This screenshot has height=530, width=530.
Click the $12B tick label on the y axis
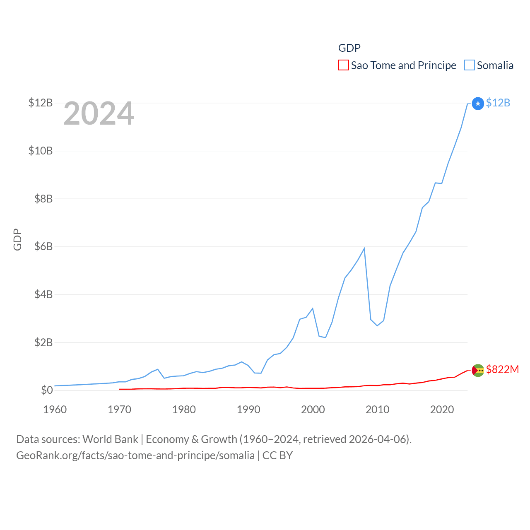click(x=41, y=103)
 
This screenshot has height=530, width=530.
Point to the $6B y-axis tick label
click(x=43, y=247)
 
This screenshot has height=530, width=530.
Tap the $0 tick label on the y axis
click(x=47, y=390)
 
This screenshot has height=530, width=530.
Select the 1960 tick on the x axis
click(x=55, y=410)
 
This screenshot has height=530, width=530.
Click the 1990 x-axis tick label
click(x=248, y=410)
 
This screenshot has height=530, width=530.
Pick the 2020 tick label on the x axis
click(x=442, y=410)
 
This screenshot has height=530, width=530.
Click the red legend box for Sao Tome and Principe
click(x=344, y=65)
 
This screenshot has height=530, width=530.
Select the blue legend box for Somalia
click(x=470, y=65)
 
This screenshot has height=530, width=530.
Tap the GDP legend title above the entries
click(x=349, y=48)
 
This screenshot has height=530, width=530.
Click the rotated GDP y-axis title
click(x=17, y=239)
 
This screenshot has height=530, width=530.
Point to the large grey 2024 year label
click(x=99, y=113)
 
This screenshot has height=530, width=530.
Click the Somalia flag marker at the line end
click(x=478, y=104)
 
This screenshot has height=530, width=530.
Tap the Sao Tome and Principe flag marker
click(x=478, y=370)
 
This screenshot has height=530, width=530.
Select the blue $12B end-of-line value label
click(x=498, y=103)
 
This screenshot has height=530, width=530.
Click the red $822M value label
click(x=502, y=369)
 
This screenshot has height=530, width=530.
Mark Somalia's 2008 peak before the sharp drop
click(x=364, y=248)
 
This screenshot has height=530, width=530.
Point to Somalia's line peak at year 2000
click(x=313, y=308)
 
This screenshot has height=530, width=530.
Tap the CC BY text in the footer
click(x=277, y=455)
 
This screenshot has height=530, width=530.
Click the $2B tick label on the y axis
click(x=43, y=342)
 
